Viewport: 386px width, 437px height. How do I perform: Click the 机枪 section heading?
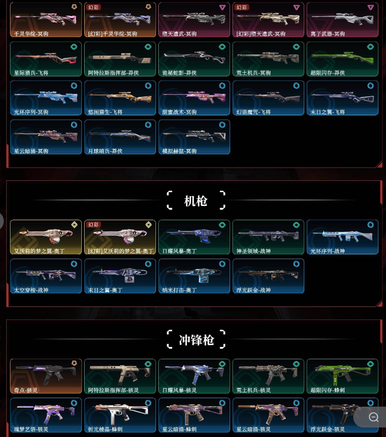click(195, 201)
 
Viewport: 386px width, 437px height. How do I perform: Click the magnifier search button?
click(373, 417)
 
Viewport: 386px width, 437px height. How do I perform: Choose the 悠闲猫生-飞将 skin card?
click(119, 98)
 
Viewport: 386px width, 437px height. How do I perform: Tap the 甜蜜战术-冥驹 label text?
click(179, 112)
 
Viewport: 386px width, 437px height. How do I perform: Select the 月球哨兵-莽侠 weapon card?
click(119, 137)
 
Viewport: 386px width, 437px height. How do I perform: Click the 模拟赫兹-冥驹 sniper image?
click(193, 134)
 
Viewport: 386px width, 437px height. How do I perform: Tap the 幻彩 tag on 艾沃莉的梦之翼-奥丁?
click(94, 224)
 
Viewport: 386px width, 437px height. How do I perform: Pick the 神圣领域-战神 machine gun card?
click(268, 237)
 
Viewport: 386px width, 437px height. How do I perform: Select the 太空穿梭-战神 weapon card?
click(45, 276)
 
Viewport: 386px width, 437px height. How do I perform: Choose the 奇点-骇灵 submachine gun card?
click(45, 376)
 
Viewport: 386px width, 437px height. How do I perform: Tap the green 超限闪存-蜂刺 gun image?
click(342, 373)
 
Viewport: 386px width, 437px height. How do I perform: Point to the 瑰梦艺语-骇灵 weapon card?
click(45, 415)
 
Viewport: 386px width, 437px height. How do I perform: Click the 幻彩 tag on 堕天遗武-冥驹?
click(242, 7)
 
